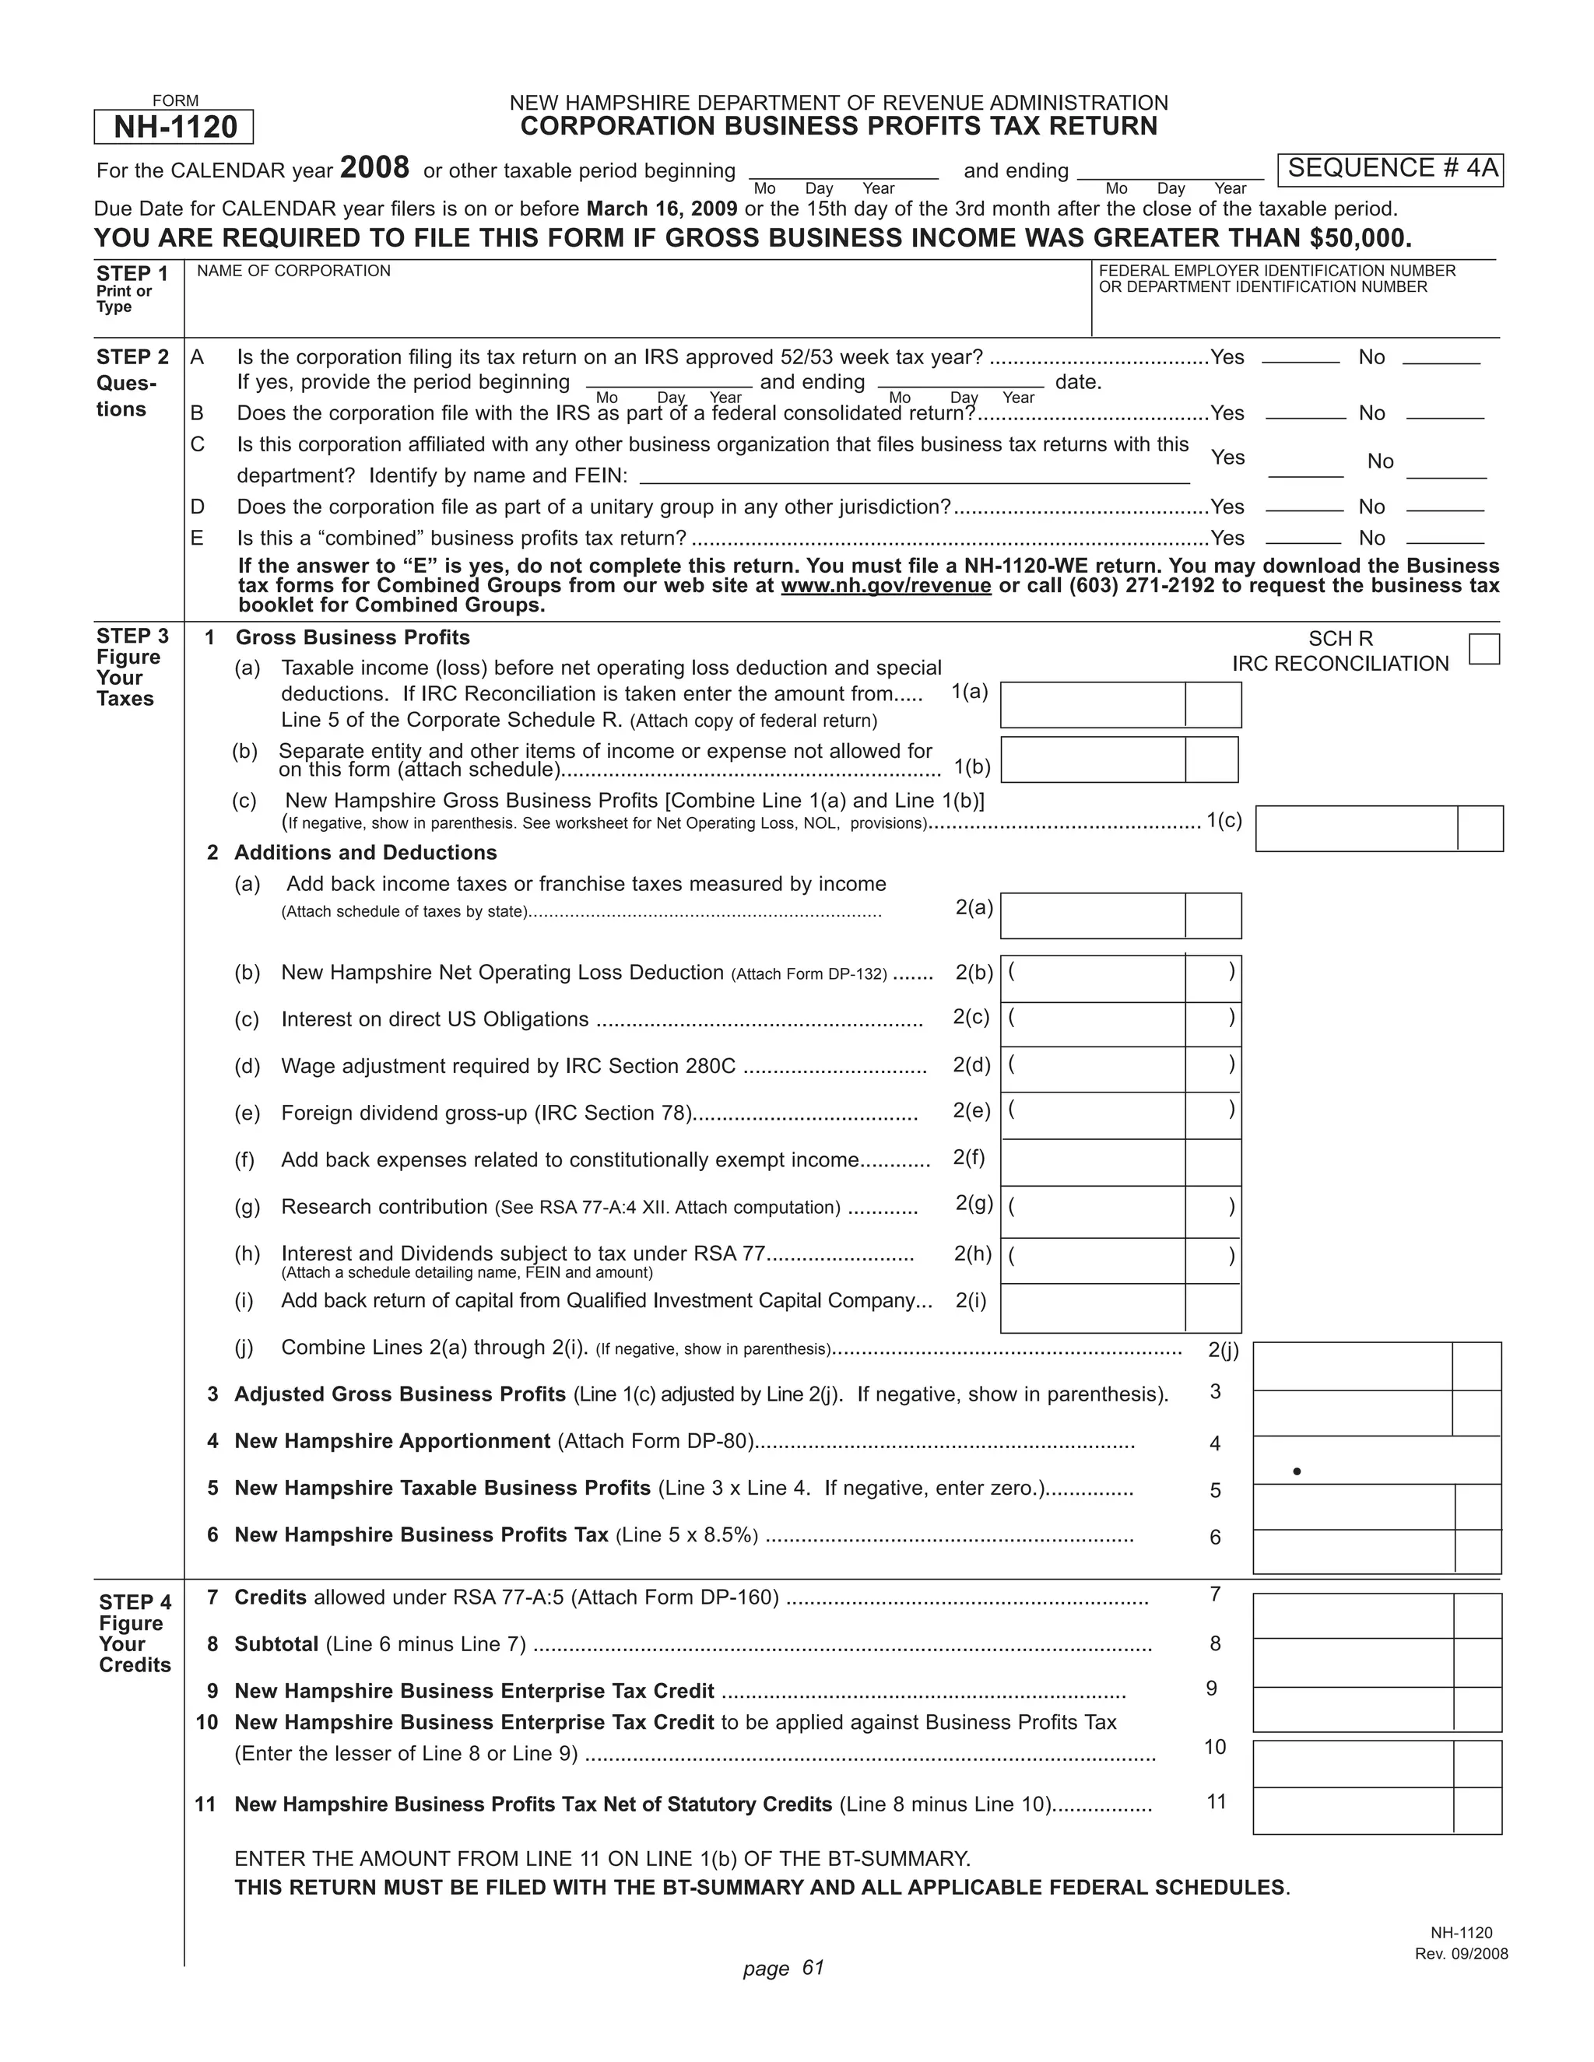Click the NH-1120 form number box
point(174,127)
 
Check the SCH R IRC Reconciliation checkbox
point(1483,650)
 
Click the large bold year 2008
point(374,168)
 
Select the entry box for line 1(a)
point(1093,704)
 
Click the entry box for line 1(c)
point(1357,828)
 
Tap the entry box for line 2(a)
point(1093,915)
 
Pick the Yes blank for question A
point(1301,359)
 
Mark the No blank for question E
point(1445,539)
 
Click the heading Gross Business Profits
point(353,637)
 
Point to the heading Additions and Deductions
point(366,853)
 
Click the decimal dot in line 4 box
point(1297,1471)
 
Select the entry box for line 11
point(1353,1810)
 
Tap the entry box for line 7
point(1353,1615)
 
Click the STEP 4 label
point(135,1602)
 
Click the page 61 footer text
point(784,1968)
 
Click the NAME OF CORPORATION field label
point(293,271)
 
